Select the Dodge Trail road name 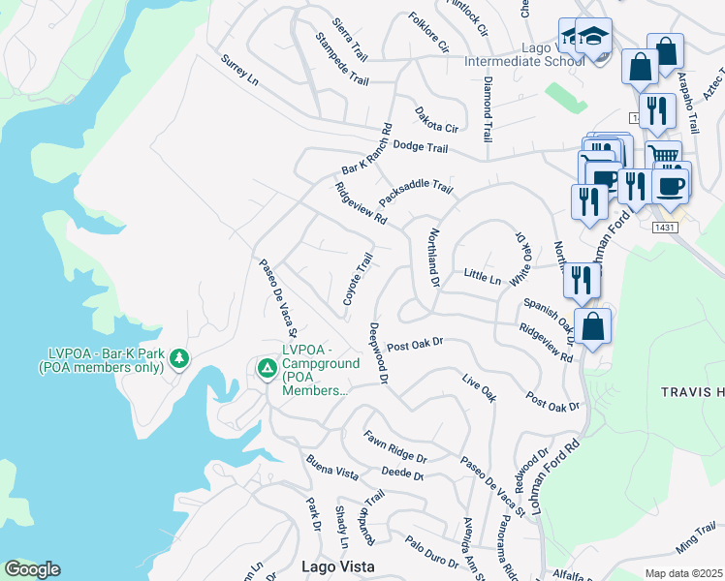tap(421, 148)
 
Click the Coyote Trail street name tap(358, 280)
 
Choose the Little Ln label tap(482, 278)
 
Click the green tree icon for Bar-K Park tap(178, 359)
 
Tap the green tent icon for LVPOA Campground tap(266, 368)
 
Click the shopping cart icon tap(662, 156)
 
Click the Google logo tap(32, 569)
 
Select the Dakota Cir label tap(436, 121)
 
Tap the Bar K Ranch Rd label tap(366, 147)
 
